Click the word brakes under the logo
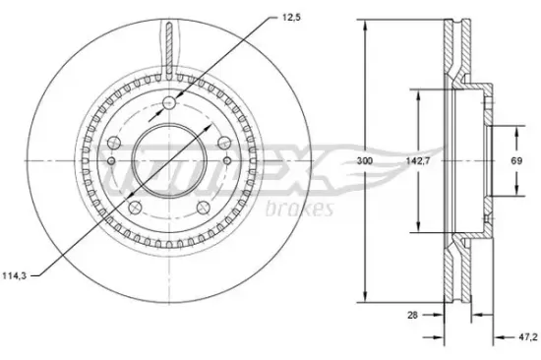coord(300,209)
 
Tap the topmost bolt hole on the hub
coord(169,102)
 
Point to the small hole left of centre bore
coord(112,161)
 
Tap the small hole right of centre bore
coord(226,161)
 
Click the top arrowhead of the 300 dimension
coord(366,26)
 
